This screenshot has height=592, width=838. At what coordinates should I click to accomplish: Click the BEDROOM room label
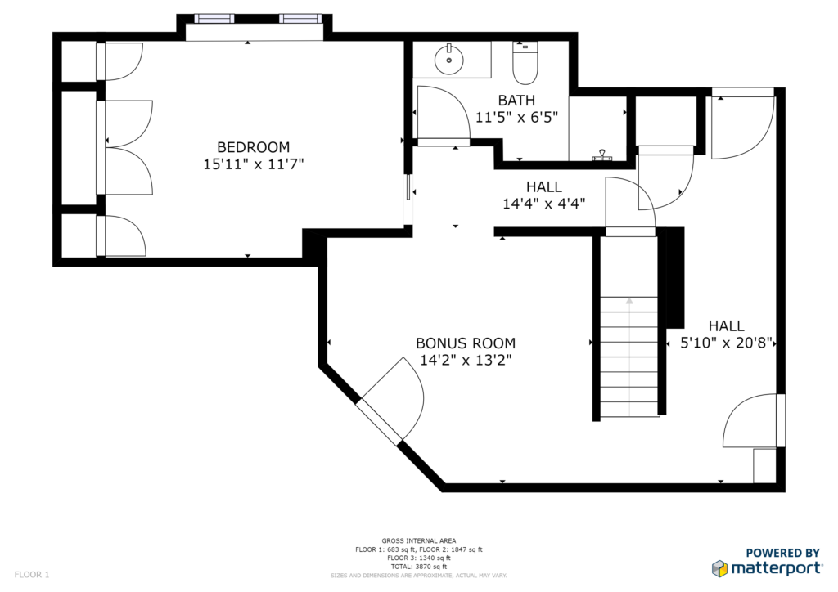[254, 147]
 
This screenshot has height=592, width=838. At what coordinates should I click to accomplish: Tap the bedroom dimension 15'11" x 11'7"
[254, 164]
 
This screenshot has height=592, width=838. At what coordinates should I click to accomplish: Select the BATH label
[516, 101]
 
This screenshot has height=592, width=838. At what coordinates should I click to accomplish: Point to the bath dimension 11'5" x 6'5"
[517, 117]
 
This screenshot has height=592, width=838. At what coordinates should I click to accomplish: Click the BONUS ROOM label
[466, 343]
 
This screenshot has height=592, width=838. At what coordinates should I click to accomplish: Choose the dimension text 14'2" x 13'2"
[466, 360]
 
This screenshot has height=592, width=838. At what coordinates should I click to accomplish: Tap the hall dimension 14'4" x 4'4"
[543, 204]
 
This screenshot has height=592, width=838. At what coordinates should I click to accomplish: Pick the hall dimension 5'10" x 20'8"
[727, 342]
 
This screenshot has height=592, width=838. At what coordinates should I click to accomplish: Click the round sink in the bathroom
[448, 60]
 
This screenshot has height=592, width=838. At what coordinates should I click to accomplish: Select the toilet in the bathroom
[525, 63]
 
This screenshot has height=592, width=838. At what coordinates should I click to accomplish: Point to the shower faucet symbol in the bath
[602, 155]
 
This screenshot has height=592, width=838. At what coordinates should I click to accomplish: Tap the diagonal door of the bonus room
[390, 401]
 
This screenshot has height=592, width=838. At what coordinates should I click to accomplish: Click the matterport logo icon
[720, 568]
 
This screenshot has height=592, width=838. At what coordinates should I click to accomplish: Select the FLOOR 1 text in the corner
[32, 575]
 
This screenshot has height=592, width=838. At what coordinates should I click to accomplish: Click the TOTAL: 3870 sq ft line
[419, 567]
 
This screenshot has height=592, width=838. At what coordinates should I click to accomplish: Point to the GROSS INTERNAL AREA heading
[419, 540]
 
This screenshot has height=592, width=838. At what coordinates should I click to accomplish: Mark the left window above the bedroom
[214, 19]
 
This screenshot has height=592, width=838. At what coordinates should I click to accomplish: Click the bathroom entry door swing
[443, 114]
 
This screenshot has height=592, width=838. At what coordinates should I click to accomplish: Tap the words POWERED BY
[783, 553]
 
